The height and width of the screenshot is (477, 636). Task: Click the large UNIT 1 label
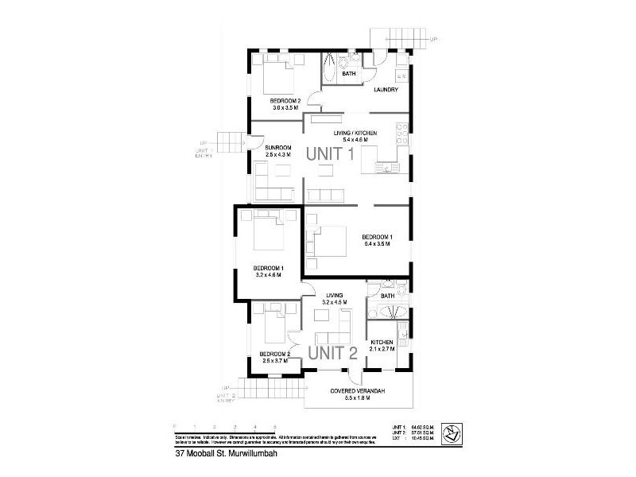coord(324,155)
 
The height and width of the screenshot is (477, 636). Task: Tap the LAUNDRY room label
coord(386,89)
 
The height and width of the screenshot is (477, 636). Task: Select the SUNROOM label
coord(278,147)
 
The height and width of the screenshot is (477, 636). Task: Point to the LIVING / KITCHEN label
coord(355,133)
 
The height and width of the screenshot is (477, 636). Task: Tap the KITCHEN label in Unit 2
coord(382,342)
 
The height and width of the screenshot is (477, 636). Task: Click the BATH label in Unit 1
coord(348,74)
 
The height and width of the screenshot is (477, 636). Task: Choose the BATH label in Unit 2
coord(388,296)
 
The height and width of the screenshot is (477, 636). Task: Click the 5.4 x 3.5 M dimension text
coord(377,244)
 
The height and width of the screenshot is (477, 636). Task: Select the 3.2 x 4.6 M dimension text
coord(268,274)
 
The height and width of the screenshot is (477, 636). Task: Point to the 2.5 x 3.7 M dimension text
coord(276,361)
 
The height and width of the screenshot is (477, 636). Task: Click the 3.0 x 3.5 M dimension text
coord(285,107)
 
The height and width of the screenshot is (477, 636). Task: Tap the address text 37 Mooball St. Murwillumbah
coord(221,456)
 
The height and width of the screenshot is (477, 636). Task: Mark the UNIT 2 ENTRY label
coord(226,398)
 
